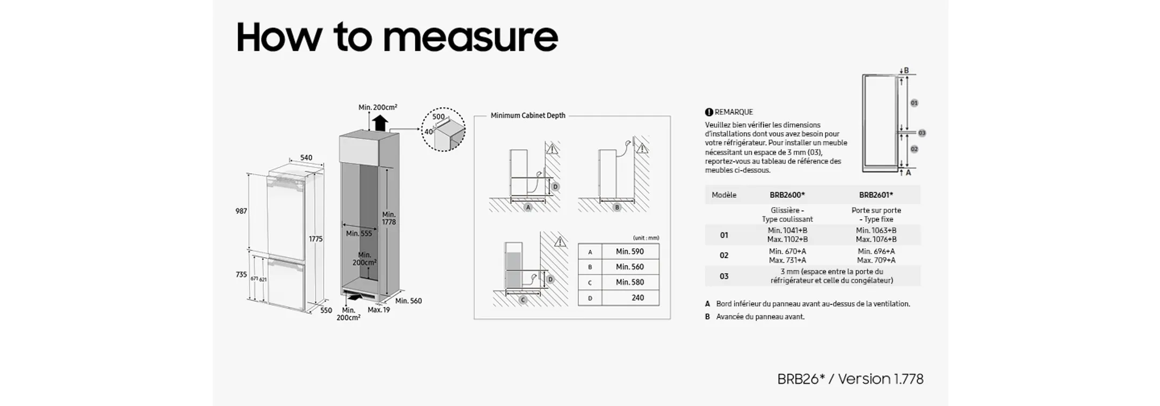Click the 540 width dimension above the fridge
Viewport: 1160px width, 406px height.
pyautogui.click(x=306, y=157)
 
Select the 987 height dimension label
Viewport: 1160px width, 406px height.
pyautogui.click(x=241, y=211)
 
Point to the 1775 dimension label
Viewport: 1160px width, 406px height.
pyautogui.click(x=316, y=239)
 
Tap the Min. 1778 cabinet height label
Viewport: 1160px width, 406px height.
pyautogui.click(x=389, y=218)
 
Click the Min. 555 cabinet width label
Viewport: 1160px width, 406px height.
pyautogui.click(x=359, y=234)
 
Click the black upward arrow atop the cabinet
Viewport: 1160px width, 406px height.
pyautogui.click(x=380, y=123)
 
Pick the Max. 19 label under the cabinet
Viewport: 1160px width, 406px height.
pyautogui.click(x=379, y=310)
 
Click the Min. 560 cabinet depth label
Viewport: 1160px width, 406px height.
pyautogui.click(x=408, y=301)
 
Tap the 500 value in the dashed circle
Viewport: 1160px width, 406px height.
pyautogui.click(x=438, y=117)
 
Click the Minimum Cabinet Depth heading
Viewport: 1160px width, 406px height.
pyautogui.click(x=528, y=115)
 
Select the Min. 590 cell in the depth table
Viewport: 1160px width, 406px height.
pyautogui.click(x=629, y=251)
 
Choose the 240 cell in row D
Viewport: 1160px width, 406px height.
pyautogui.click(x=637, y=298)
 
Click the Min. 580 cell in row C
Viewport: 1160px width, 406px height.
pyautogui.click(x=629, y=282)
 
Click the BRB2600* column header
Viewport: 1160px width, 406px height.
pyautogui.click(x=787, y=195)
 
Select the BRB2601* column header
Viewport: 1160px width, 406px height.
pyautogui.click(x=876, y=195)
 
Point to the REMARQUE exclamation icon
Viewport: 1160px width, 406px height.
pyautogui.click(x=709, y=112)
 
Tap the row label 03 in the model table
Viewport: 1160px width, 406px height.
pyautogui.click(x=724, y=276)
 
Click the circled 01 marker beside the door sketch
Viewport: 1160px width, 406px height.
pyautogui.click(x=914, y=103)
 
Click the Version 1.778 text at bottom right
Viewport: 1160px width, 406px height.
pyautogui.click(x=881, y=379)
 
